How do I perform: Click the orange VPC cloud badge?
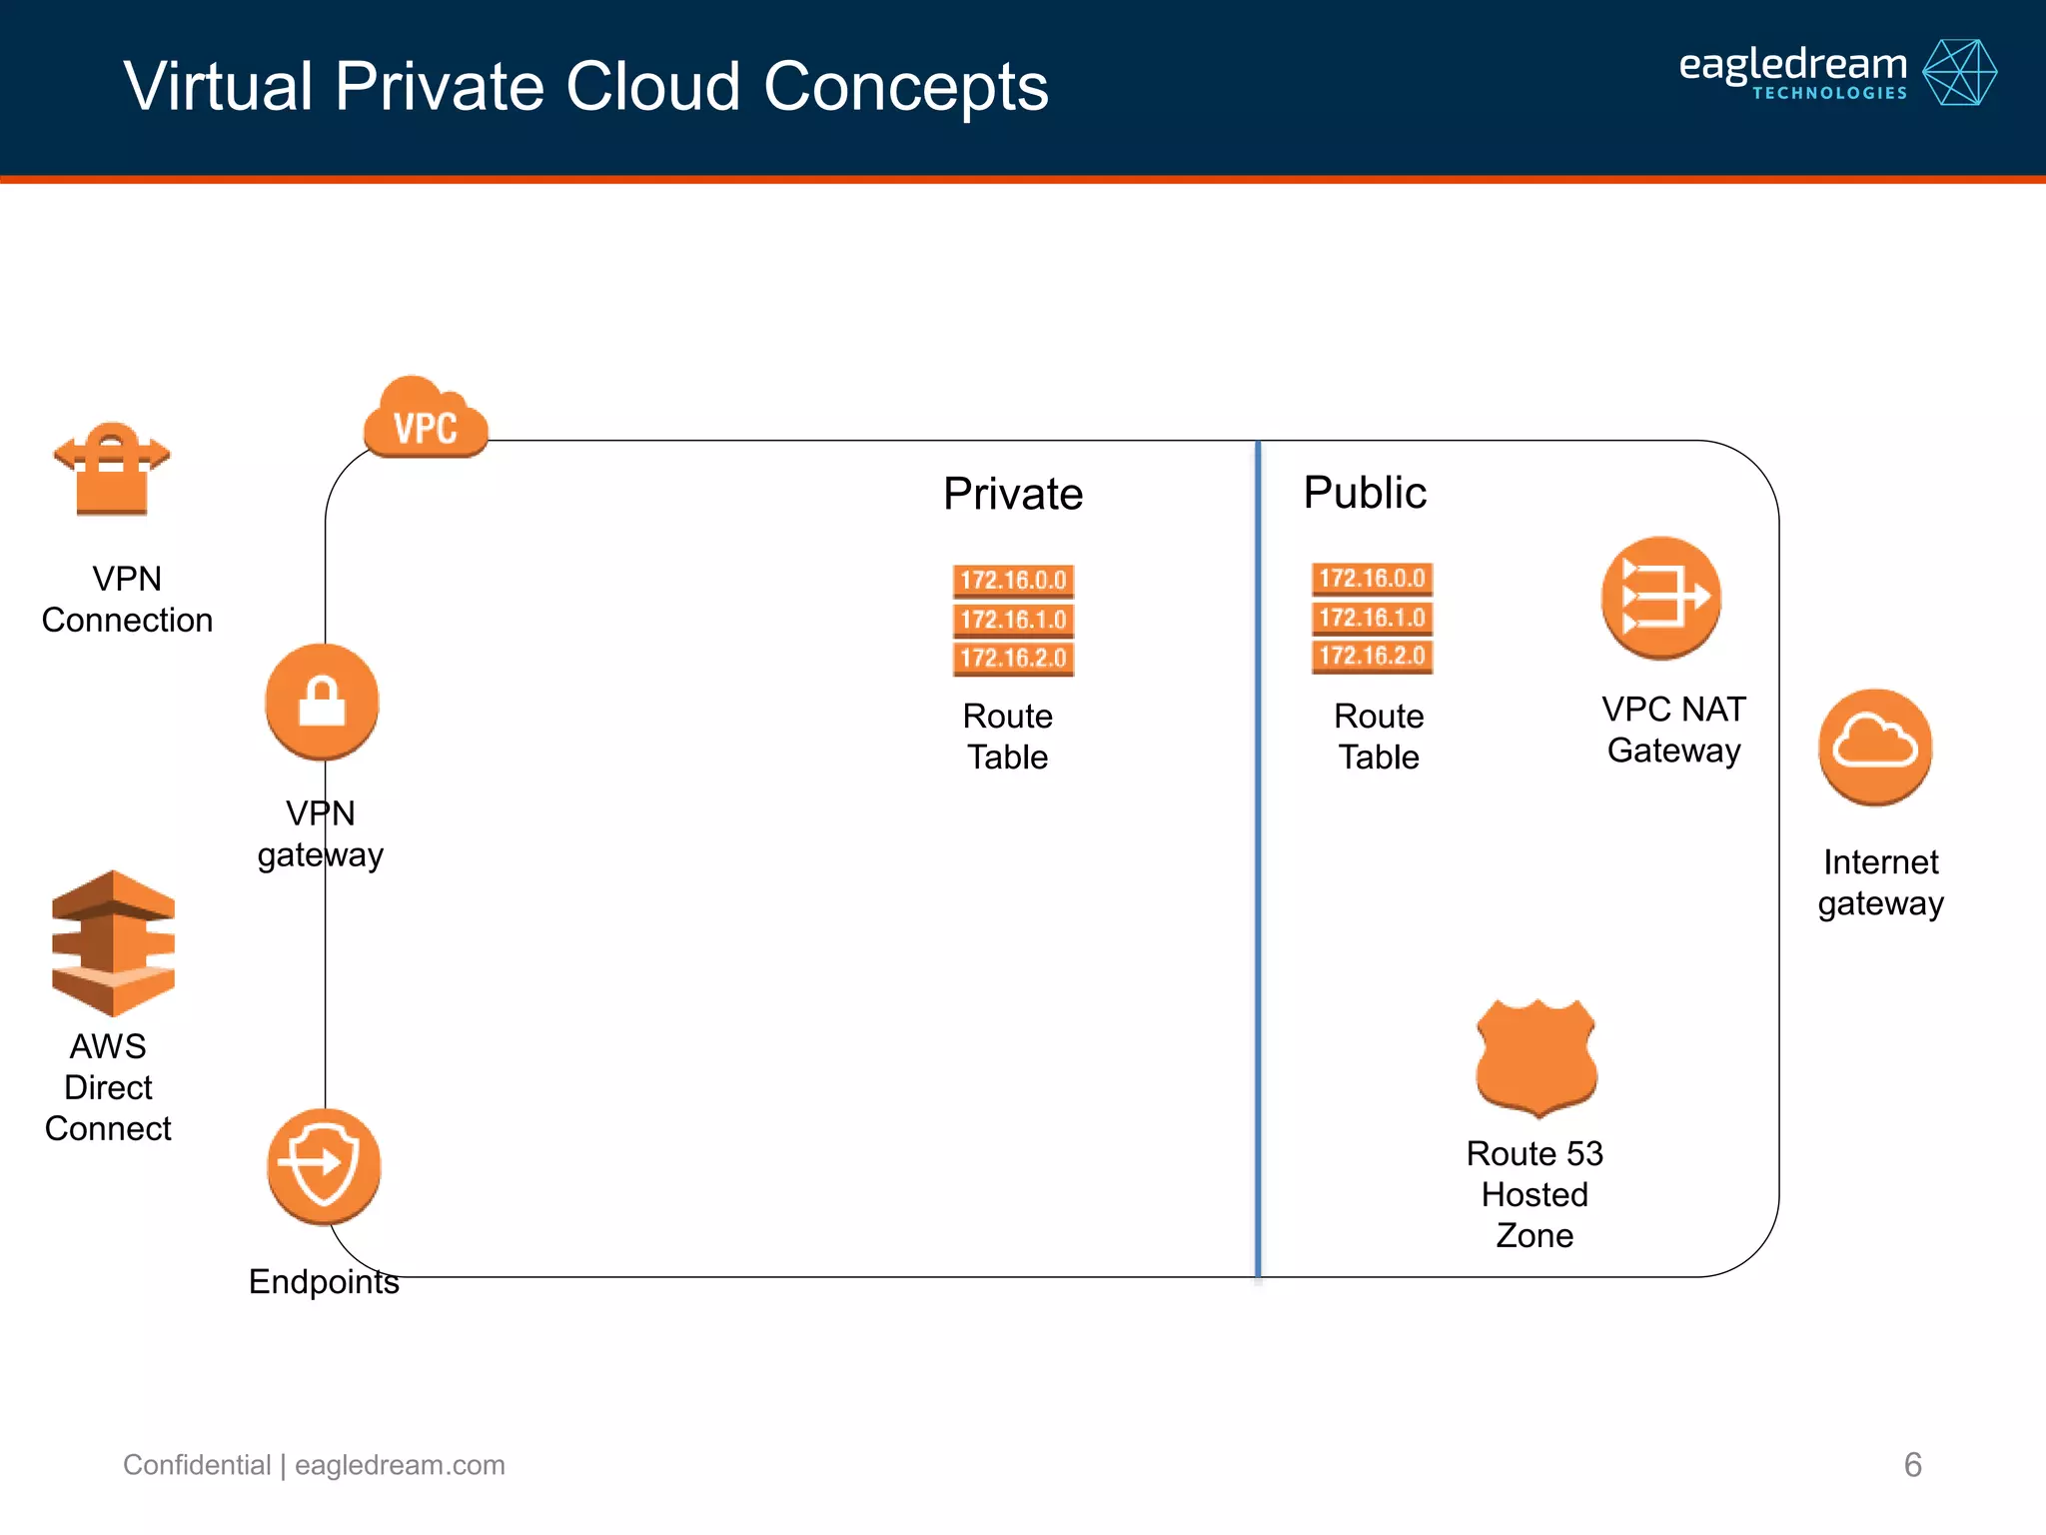[426, 420]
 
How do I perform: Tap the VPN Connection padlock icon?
[112, 469]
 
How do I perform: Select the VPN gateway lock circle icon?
[322, 702]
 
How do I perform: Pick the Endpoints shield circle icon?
[324, 1165]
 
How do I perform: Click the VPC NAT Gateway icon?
[1660, 598]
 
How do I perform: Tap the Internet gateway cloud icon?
[1875, 746]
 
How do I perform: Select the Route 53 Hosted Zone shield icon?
[1536, 1057]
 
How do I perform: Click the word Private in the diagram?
[1013, 494]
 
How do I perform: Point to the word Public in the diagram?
[1365, 493]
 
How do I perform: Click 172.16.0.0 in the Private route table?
[1013, 581]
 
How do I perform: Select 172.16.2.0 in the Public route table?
[1372, 657]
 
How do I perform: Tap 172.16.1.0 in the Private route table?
[1013, 620]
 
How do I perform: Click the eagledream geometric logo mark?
[1959, 72]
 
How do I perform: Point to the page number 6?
[1912, 1465]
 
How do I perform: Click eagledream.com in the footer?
[400, 1465]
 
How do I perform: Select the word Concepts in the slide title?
[906, 86]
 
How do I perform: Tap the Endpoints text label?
[324, 1281]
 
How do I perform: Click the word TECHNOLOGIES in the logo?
[1829, 93]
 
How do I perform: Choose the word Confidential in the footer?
[197, 1465]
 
